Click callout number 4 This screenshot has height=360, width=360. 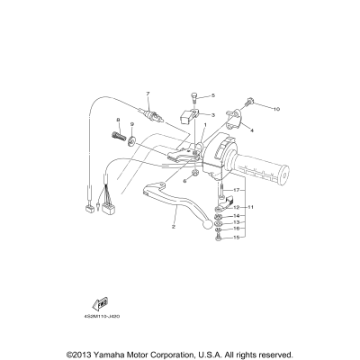252,130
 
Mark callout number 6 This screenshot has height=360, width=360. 184,181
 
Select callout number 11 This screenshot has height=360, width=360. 251,207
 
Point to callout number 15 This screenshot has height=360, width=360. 237,238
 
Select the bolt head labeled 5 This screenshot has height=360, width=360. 193,96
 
